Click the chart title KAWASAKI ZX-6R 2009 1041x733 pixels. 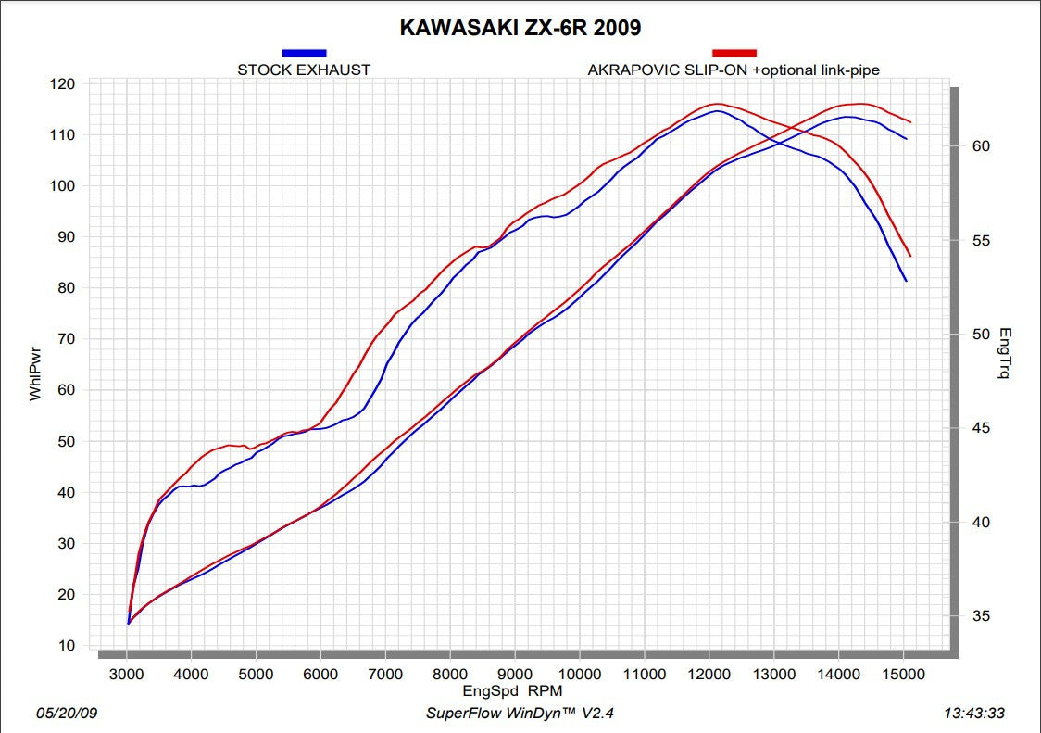point(520,28)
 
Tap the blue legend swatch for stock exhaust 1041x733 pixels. point(304,54)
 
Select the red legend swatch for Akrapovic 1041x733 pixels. point(734,54)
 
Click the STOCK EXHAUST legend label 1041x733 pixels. point(304,70)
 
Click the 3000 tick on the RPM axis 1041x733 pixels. point(127,675)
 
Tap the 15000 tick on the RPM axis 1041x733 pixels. point(903,675)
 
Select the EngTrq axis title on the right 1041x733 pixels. point(1006,353)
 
